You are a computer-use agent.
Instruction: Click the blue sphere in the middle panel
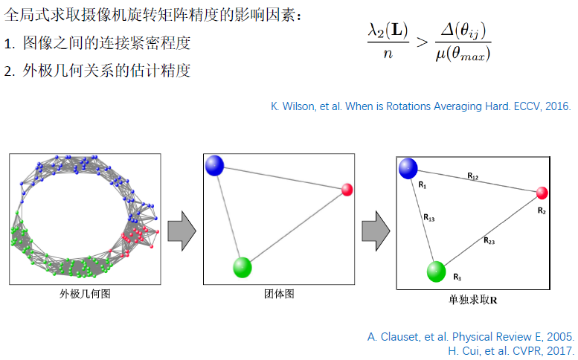coord(214,165)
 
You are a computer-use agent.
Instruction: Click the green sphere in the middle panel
coord(242,267)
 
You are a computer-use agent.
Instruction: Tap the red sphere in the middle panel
coord(347,190)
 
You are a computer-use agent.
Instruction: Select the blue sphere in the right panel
coord(408,168)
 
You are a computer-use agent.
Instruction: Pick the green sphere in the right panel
coord(436,271)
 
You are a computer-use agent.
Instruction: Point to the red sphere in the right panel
coord(542,193)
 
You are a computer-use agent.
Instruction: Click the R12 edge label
coord(473,176)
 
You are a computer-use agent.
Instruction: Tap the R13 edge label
coord(429,218)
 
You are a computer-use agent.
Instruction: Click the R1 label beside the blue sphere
coord(423,186)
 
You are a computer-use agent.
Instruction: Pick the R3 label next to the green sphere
coord(457,277)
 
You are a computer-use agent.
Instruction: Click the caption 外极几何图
coord(85,294)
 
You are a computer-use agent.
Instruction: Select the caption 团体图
coord(279,294)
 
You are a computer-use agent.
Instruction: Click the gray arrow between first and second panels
coord(181,231)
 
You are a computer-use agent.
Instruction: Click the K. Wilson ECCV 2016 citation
coord(420,106)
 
